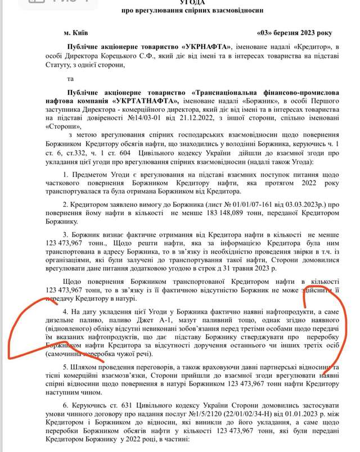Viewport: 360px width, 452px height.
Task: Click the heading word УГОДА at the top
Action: click(x=188, y=3)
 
